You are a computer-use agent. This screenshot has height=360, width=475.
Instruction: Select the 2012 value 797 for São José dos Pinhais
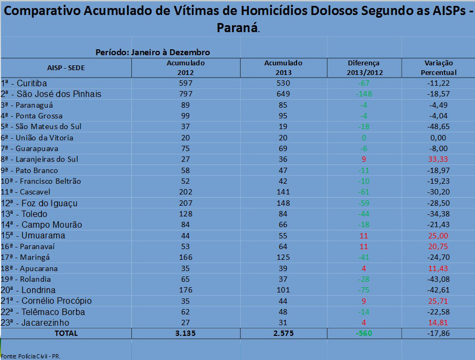tap(186, 94)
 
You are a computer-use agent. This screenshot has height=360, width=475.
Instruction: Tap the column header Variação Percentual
tap(439, 67)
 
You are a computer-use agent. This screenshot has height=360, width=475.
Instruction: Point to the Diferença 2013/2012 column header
tap(363, 67)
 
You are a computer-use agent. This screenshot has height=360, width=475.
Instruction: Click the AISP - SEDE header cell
tap(66, 68)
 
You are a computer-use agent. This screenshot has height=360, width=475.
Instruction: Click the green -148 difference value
tap(363, 94)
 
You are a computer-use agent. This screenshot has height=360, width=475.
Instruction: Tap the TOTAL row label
tap(66, 333)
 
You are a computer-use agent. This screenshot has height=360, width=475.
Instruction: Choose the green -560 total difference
tap(363, 333)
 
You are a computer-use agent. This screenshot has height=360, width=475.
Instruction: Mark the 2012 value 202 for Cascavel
tap(186, 192)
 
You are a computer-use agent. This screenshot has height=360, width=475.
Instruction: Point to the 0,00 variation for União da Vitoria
tap(439, 137)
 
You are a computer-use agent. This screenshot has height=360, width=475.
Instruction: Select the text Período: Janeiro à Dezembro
tap(152, 52)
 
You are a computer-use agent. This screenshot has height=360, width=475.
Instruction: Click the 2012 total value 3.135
tap(186, 333)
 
